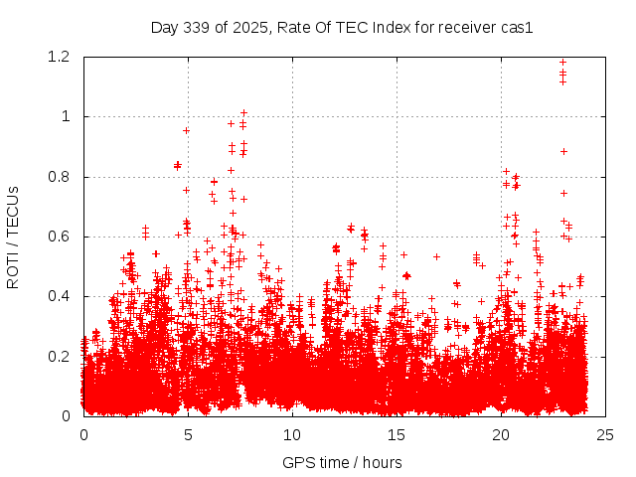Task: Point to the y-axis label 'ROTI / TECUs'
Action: pyautogui.click(x=13, y=237)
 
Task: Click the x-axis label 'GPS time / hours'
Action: pyautogui.click(x=343, y=462)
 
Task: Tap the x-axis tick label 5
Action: pyautogui.click(x=188, y=435)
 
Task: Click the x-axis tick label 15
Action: pyautogui.click(x=397, y=435)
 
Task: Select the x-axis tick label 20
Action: pyautogui.click(x=501, y=435)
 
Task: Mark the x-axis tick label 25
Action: pyautogui.click(x=605, y=435)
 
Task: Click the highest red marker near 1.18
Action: pyautogui.click(x=563, y=63)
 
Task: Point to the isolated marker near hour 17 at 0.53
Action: pyautogui.click(x=436, y=256)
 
